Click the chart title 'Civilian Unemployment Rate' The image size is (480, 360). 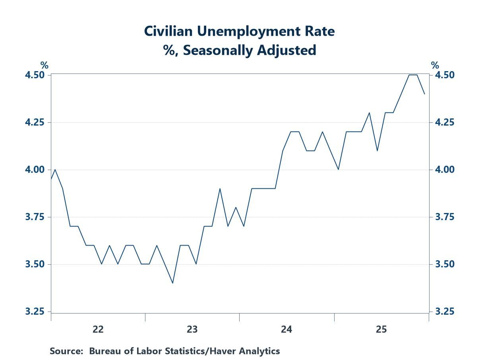[x=239, y=31]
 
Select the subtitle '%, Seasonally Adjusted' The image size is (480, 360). [x=239, y=50]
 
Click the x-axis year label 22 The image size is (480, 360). [x=98, y=329]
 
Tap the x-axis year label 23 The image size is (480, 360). [x=192, y=329]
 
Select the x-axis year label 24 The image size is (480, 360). [x=286, y=329]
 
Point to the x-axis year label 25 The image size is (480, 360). [x=381, y=329]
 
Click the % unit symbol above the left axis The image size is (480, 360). [x=44, y=65]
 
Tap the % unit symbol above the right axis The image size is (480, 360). [x=435, y=65]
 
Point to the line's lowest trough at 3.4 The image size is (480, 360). [x=172, y=283]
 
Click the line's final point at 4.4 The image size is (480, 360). [x=425, y=94]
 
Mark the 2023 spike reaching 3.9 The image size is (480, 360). [x=220, y=188]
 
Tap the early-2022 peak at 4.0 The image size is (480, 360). [x=55, y=170]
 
